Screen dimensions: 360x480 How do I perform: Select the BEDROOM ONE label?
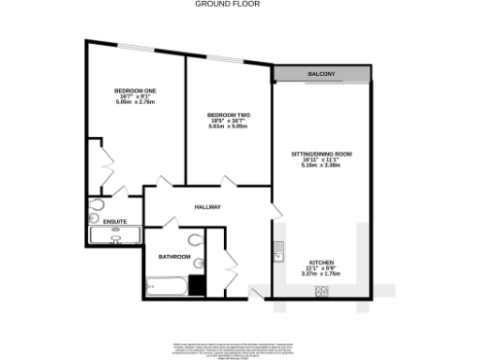coord(136,90)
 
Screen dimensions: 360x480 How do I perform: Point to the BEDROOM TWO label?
coord(229,115)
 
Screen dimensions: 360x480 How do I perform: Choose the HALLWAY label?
coord(207,206)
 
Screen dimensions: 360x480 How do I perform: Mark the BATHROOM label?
coord(175,257)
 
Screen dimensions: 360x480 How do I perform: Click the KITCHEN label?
coord(322,262)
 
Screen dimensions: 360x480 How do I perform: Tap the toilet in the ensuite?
coord(97,204)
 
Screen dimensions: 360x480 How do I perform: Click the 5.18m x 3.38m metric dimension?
coord(321,165)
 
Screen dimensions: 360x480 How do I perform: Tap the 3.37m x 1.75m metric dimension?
coord(322,274)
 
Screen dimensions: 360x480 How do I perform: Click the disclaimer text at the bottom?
coord(240,348)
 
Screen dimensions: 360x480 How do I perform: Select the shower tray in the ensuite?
coord(114,235)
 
